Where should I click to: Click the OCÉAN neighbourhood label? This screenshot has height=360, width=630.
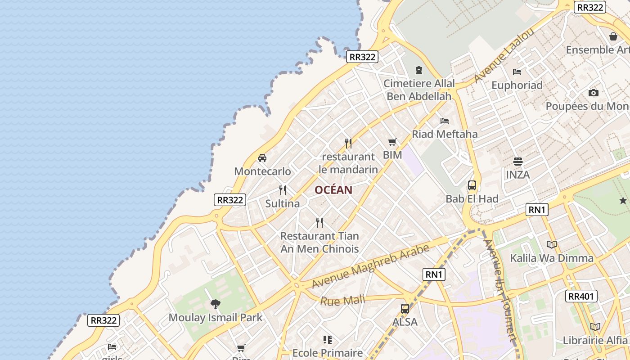[x=333, y=190]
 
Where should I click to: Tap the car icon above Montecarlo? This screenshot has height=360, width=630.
[x=262, y=158]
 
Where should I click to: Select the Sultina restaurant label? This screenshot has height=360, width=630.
[x=282, y=203]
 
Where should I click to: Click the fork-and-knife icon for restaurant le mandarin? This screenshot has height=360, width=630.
[x=348, y=144]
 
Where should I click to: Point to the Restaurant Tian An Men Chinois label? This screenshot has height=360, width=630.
[x=319, y=242]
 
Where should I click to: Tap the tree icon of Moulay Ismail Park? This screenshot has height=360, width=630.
[x=216, y=304]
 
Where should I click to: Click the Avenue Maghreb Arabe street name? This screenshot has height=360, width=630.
[x=370, y=267]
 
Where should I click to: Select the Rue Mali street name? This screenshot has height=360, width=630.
[x=342, y=300]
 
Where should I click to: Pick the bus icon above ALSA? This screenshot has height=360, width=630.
[x=405, y=309]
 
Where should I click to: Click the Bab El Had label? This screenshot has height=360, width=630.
[x=472, y=199]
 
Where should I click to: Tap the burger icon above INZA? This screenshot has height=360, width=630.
[x=517, y=162]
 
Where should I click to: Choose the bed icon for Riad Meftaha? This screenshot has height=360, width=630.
[x=445, y=121]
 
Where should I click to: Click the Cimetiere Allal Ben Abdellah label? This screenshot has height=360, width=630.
[x=419, y=90]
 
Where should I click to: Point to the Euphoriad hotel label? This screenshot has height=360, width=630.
[x=517, y=85]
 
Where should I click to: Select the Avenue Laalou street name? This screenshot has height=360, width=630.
[x=504, y=55]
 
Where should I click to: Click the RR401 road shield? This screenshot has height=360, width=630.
[x=581, y=296]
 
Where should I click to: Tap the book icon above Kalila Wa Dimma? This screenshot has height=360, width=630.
[x=552, y=244]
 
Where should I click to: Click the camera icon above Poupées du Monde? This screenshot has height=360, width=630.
[x=594, y=93]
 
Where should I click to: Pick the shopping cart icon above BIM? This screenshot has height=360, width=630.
[x=392, y=142]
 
